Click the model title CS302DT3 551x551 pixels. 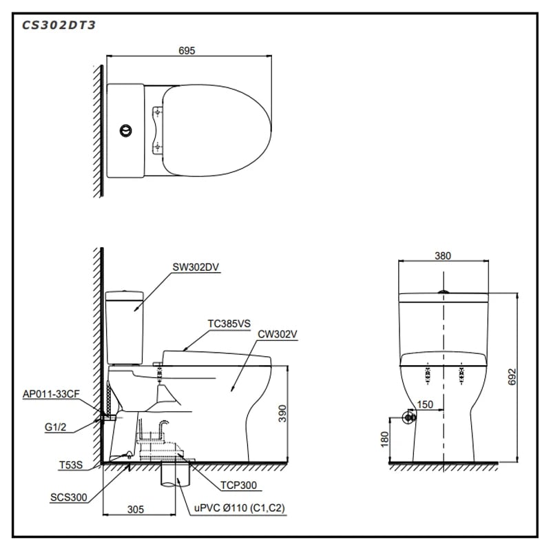pyautogui.click(x=59, y=25)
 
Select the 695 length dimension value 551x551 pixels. pyautogui.click(x=187, y=50)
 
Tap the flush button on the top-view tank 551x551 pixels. pyautogui.click(x=125, y=129)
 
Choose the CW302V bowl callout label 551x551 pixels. pyautogui.click(x=278, y=334)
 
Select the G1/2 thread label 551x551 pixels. pyautogui.click(x=56, y=427)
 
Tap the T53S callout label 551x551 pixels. pyautogui.click(x=70, y=465)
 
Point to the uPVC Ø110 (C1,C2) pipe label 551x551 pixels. pyautogui.click(x=239, y=508)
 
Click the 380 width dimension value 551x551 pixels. pyautogui.click(x=443, y=256)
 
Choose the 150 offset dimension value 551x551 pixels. pyautogui.click(x=425, y=405)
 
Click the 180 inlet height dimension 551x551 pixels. pyautogui.click(x=385, y=439)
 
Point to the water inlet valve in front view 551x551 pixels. pyautogui.click(x=409, y=417)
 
